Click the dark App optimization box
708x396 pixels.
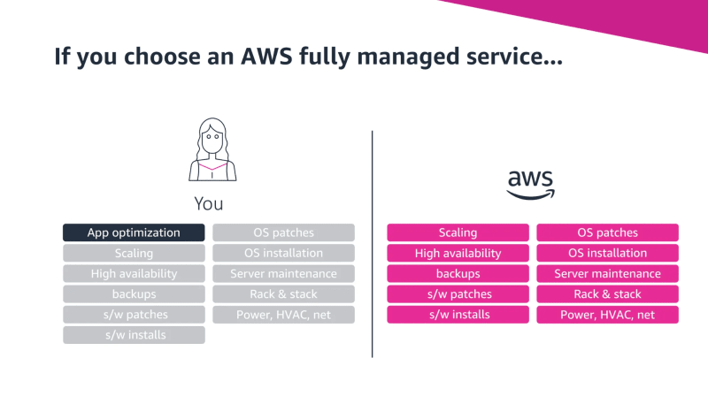(134, 232)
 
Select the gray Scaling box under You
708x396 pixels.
(134, 253)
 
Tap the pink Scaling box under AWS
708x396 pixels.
(458, 232)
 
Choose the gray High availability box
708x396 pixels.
(134, 274)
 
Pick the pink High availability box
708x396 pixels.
(458, 253)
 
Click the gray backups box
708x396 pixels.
(134, 294)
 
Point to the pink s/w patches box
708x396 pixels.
(458, 294)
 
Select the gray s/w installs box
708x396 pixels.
(134, 335)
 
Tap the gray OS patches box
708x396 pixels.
(283, 232)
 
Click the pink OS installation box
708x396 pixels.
(608, 253)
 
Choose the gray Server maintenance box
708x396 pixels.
(283, 274)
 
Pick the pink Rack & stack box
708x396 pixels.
(608, 294)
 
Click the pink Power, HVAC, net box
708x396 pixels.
(608, 315)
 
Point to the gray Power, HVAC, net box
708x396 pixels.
(283, 315)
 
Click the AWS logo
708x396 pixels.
(530, 185)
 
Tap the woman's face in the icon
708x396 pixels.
(212, 140)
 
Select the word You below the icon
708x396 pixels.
(209, 204)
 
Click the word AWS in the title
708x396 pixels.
(266, 57)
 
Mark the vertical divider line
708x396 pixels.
(372, 244)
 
